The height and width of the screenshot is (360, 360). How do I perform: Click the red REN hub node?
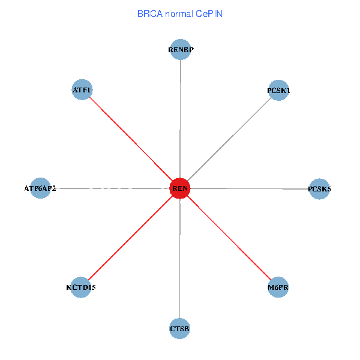click(x=180, y=188)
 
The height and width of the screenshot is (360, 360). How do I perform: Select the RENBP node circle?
click(x=181, y=49)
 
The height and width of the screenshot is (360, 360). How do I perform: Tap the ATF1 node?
click(x=82, y=90)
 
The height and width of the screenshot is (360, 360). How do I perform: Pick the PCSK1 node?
click(x=278, y=90)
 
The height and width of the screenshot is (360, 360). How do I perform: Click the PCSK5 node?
click(x=319, y=189)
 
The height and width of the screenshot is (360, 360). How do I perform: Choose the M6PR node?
click(x=278, y=287)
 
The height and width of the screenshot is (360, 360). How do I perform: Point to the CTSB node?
click(x=180, y=328)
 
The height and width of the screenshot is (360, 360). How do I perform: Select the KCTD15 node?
click(x=81, y=287)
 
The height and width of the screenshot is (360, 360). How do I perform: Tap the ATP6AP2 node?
click(x=40, y=188)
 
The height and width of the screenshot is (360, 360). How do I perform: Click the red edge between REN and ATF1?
click(x=131, y=139)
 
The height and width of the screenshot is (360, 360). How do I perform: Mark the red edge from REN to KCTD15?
click(x=131, y=238)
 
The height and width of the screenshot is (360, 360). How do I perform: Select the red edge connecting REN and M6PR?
click(x=229, y=238)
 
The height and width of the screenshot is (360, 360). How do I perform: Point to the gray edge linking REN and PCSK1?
click(x=229, y=139)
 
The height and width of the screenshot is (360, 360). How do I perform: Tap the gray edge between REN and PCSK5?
click(x=250, y=188)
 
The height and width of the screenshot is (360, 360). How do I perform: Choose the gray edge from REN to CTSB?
click(x=180, y=258)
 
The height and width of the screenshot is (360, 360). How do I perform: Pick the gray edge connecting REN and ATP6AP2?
click(x=110, y=188)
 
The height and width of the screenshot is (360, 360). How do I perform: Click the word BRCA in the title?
click(x=149, y=13)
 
